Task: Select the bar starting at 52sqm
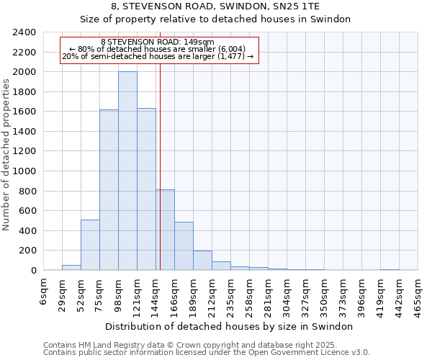pos(90,245)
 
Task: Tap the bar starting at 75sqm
pos(109,190)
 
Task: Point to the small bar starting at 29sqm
pos(71,268)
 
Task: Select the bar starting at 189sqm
pos(202,261)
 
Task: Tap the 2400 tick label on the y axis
pos(24,32)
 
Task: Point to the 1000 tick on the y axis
pos(24,171)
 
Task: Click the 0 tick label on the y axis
pos(33,271)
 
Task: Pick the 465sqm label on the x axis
pos(418,294)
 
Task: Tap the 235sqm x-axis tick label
pos(231,294)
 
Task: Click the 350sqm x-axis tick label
pos(325,294)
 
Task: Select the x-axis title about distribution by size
pos(229,326)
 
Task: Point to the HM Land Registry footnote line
pos(195,345)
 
